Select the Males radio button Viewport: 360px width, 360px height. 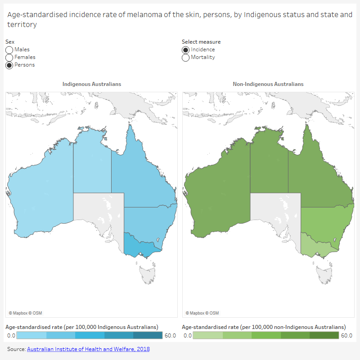coord(9,49)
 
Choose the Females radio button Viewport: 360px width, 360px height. coord(9,57)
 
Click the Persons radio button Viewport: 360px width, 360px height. coord(9,65)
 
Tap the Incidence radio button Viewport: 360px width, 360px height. coord(186,49)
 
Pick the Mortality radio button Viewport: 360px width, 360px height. coord(186,57)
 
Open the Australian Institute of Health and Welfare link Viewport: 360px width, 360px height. coord(88,349)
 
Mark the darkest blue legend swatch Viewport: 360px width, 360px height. coord(148,335)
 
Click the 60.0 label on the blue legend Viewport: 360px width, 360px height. coord(170,335)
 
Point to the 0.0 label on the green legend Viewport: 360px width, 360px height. coord(188,335)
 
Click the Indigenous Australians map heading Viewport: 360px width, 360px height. coord(92,84)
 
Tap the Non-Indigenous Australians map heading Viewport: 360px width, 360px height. coord(268,84)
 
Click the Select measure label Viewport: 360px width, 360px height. coord(201,42)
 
